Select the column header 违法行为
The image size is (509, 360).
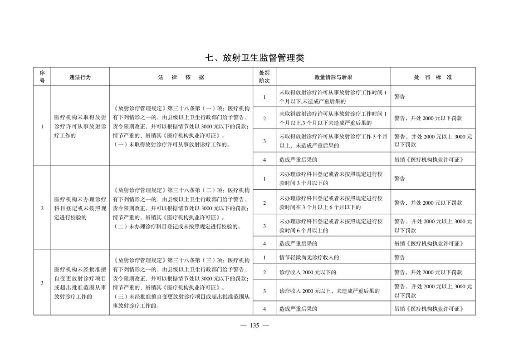pyautogui.click(x=80, y=77)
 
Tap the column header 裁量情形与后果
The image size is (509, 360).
pyautogui.click(x=333, y=77)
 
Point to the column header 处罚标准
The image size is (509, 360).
pyautogui.click(x=432, y=77)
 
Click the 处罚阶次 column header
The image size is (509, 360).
pyautogui.click(x=264, y=77)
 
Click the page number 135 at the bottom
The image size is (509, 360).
pyautogui.click(x=254, y=325)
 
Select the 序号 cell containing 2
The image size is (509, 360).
pyautogui.click(x=42, y=208)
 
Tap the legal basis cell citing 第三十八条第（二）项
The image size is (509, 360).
pyautogui.click(x=181, y=208)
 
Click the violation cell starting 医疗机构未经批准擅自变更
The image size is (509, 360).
pyautogui.click(x=80, y=283)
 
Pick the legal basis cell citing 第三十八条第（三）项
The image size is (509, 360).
pyautogui.click(x=181, y=283)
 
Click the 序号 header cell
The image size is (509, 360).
pyautogui.click(x=42, y=77)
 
